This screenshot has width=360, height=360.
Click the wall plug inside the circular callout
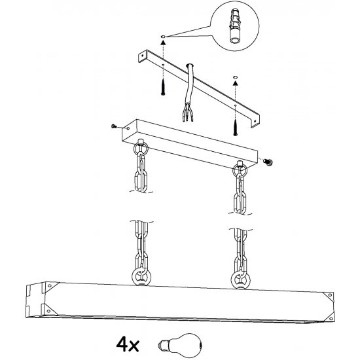[x=235, y=26]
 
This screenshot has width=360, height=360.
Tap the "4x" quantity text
[x=128, y=344]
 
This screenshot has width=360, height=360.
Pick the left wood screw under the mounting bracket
[x=163, y=87]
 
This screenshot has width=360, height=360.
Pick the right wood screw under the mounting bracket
[x=235, y=127]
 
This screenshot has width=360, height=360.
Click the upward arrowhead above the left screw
[x=163, y=43]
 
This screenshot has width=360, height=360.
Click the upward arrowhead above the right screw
[x=235, y=83]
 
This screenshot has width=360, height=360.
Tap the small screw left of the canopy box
[x=114, y=126]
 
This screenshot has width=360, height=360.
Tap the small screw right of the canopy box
[x=268, y=162]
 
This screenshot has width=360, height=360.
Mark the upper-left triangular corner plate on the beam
[x=52, y=286]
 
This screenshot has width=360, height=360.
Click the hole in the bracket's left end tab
[x=142, y=56]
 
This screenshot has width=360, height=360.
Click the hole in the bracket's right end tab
[x=255, y=121]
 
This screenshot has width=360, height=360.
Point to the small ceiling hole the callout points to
[x=163, y=37]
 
